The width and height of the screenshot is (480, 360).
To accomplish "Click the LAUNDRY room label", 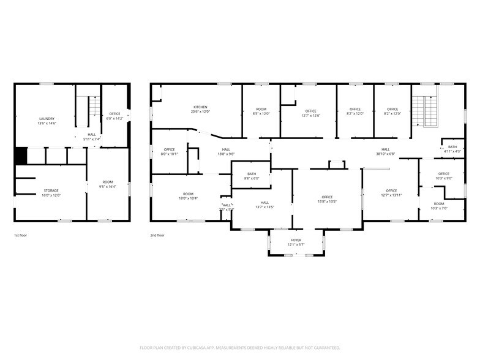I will [47, 119].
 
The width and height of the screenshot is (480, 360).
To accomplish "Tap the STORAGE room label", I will [51, 190].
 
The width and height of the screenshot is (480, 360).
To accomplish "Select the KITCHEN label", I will [201, 107].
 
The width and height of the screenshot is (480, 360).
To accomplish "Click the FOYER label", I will [296, 240].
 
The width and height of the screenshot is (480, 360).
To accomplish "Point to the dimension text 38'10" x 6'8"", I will [386, 154].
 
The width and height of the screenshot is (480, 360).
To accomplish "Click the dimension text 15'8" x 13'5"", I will [327, 201].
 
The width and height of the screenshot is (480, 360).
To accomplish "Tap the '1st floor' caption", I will [20, 235].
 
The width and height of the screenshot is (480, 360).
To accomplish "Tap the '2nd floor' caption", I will [157, 235].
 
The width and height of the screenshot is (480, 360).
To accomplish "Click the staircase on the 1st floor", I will [94, 108].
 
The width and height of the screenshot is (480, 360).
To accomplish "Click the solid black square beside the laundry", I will [21, 156].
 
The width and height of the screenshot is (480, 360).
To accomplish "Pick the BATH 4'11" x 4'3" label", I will [452, 147].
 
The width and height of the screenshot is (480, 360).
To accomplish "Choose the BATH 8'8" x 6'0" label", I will [252, 174].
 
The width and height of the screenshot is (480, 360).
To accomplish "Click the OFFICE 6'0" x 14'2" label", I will [115, 114].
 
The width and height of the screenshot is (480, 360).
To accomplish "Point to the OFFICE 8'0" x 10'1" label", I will [169, 150].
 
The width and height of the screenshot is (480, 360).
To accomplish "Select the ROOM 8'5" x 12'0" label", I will [261, 111].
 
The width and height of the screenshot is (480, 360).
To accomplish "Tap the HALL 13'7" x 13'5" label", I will [264, 203].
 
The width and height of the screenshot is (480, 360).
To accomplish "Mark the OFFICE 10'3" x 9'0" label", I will [443, 174].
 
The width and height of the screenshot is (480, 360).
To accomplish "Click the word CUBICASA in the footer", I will [197, 347].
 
